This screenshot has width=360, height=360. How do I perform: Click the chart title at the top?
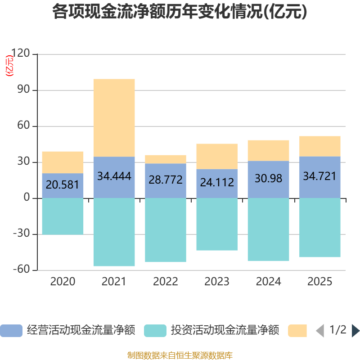pyautogui.click(x=180, y=12)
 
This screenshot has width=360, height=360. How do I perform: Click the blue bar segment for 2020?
pyautogui.click(x=63, y=185)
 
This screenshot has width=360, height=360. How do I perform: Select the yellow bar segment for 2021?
pyautogui.click(x=114, y=117)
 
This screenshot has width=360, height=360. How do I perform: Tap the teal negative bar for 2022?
pyautogui.click(x=166, y=230)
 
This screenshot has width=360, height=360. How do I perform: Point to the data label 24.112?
pyautogui.click(x=217, y=182)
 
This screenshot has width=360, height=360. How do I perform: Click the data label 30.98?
pyautogui.click(x=268, y=179)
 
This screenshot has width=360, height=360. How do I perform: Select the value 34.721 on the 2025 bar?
pyautogui.click(x=319, y=176)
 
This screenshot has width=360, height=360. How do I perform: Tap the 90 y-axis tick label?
pyautogui.click(x=23, y=90)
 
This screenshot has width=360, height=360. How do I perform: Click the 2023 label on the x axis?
pyautogui.click(x=217, y=282)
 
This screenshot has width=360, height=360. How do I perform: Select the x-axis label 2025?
pyautogui.click(x=319, y=282)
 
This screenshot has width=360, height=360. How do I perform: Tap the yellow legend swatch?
pyautogui.click(x=297, y=330)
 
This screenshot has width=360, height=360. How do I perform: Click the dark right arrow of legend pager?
pyautogui.click(x=355, y=330)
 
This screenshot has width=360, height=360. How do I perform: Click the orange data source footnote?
pyautogui.click(x=180, y=355)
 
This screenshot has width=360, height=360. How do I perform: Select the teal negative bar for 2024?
pyautogui.click(x=268, y=229)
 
